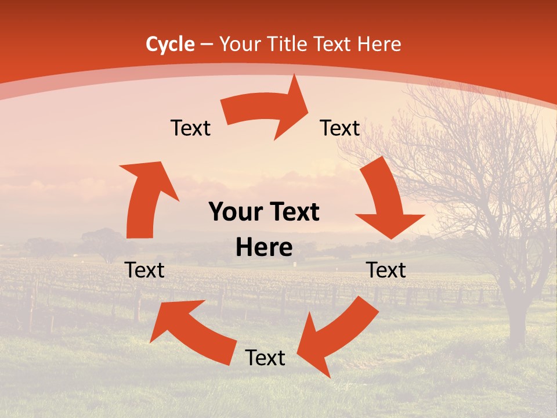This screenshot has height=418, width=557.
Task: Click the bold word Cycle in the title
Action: [170, 44]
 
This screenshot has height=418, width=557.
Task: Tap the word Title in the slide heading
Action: [289, 44]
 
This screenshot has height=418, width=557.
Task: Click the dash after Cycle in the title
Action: [207, 44]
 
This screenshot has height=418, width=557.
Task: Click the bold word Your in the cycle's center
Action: [234, 212]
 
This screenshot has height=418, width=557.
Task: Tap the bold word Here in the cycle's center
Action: [264, 248]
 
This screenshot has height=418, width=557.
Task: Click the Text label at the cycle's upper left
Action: [190, 128]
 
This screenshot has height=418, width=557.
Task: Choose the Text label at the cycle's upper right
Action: [340, 128]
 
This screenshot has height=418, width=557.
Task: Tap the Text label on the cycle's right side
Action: [386, 270]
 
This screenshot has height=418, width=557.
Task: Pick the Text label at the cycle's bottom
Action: [265, 358]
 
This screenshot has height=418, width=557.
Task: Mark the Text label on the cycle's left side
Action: [144, 270]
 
